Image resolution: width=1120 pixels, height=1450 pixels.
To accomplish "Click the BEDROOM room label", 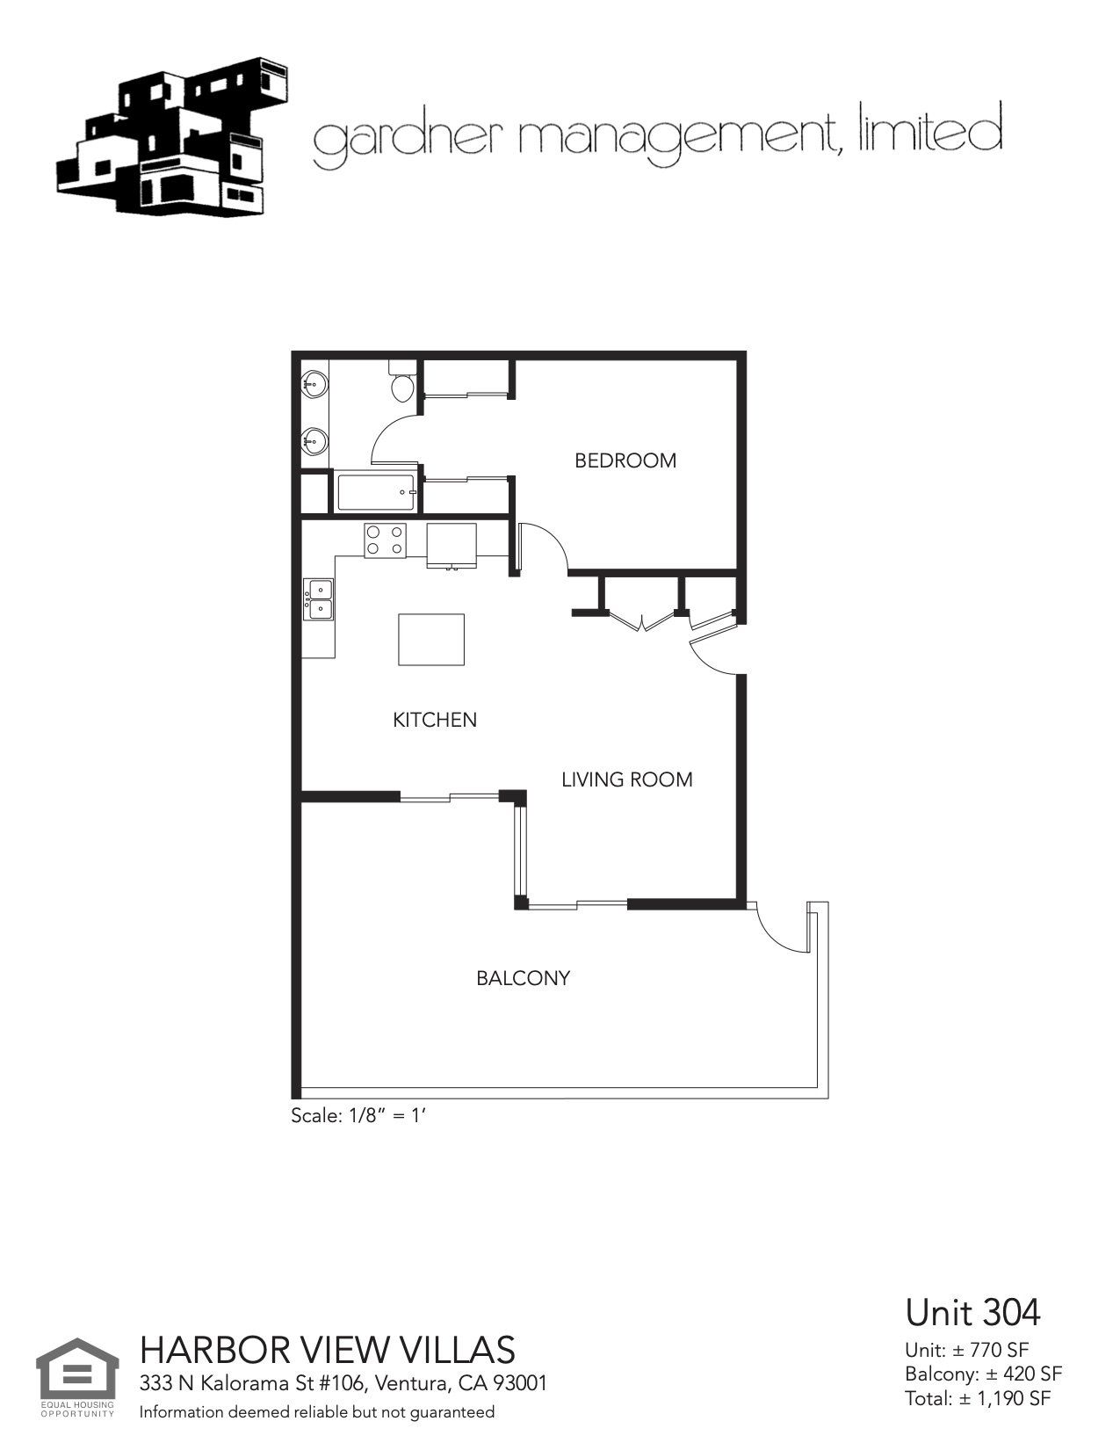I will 625,460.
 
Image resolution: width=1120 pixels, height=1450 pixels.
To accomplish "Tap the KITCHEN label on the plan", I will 435,720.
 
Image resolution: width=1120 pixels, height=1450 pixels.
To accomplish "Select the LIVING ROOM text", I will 626,779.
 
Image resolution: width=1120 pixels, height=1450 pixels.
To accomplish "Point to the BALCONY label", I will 523,978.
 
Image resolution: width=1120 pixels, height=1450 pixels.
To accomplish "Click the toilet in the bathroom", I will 402,384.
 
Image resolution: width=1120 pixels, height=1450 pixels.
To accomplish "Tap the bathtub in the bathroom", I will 376,492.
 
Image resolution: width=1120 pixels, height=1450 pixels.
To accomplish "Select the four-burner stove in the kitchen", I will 386,539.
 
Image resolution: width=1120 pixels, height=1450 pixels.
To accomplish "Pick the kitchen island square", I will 431,640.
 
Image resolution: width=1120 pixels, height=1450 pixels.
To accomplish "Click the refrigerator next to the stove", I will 452,545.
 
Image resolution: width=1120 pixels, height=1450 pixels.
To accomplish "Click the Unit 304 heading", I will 972,1313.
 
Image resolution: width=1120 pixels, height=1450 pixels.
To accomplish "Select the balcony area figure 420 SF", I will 983,1374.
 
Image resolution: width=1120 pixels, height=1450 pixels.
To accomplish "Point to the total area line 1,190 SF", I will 978,1398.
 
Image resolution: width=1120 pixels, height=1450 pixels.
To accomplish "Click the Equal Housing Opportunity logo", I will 77,1377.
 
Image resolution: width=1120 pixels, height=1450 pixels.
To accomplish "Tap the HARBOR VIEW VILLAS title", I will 328,1349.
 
